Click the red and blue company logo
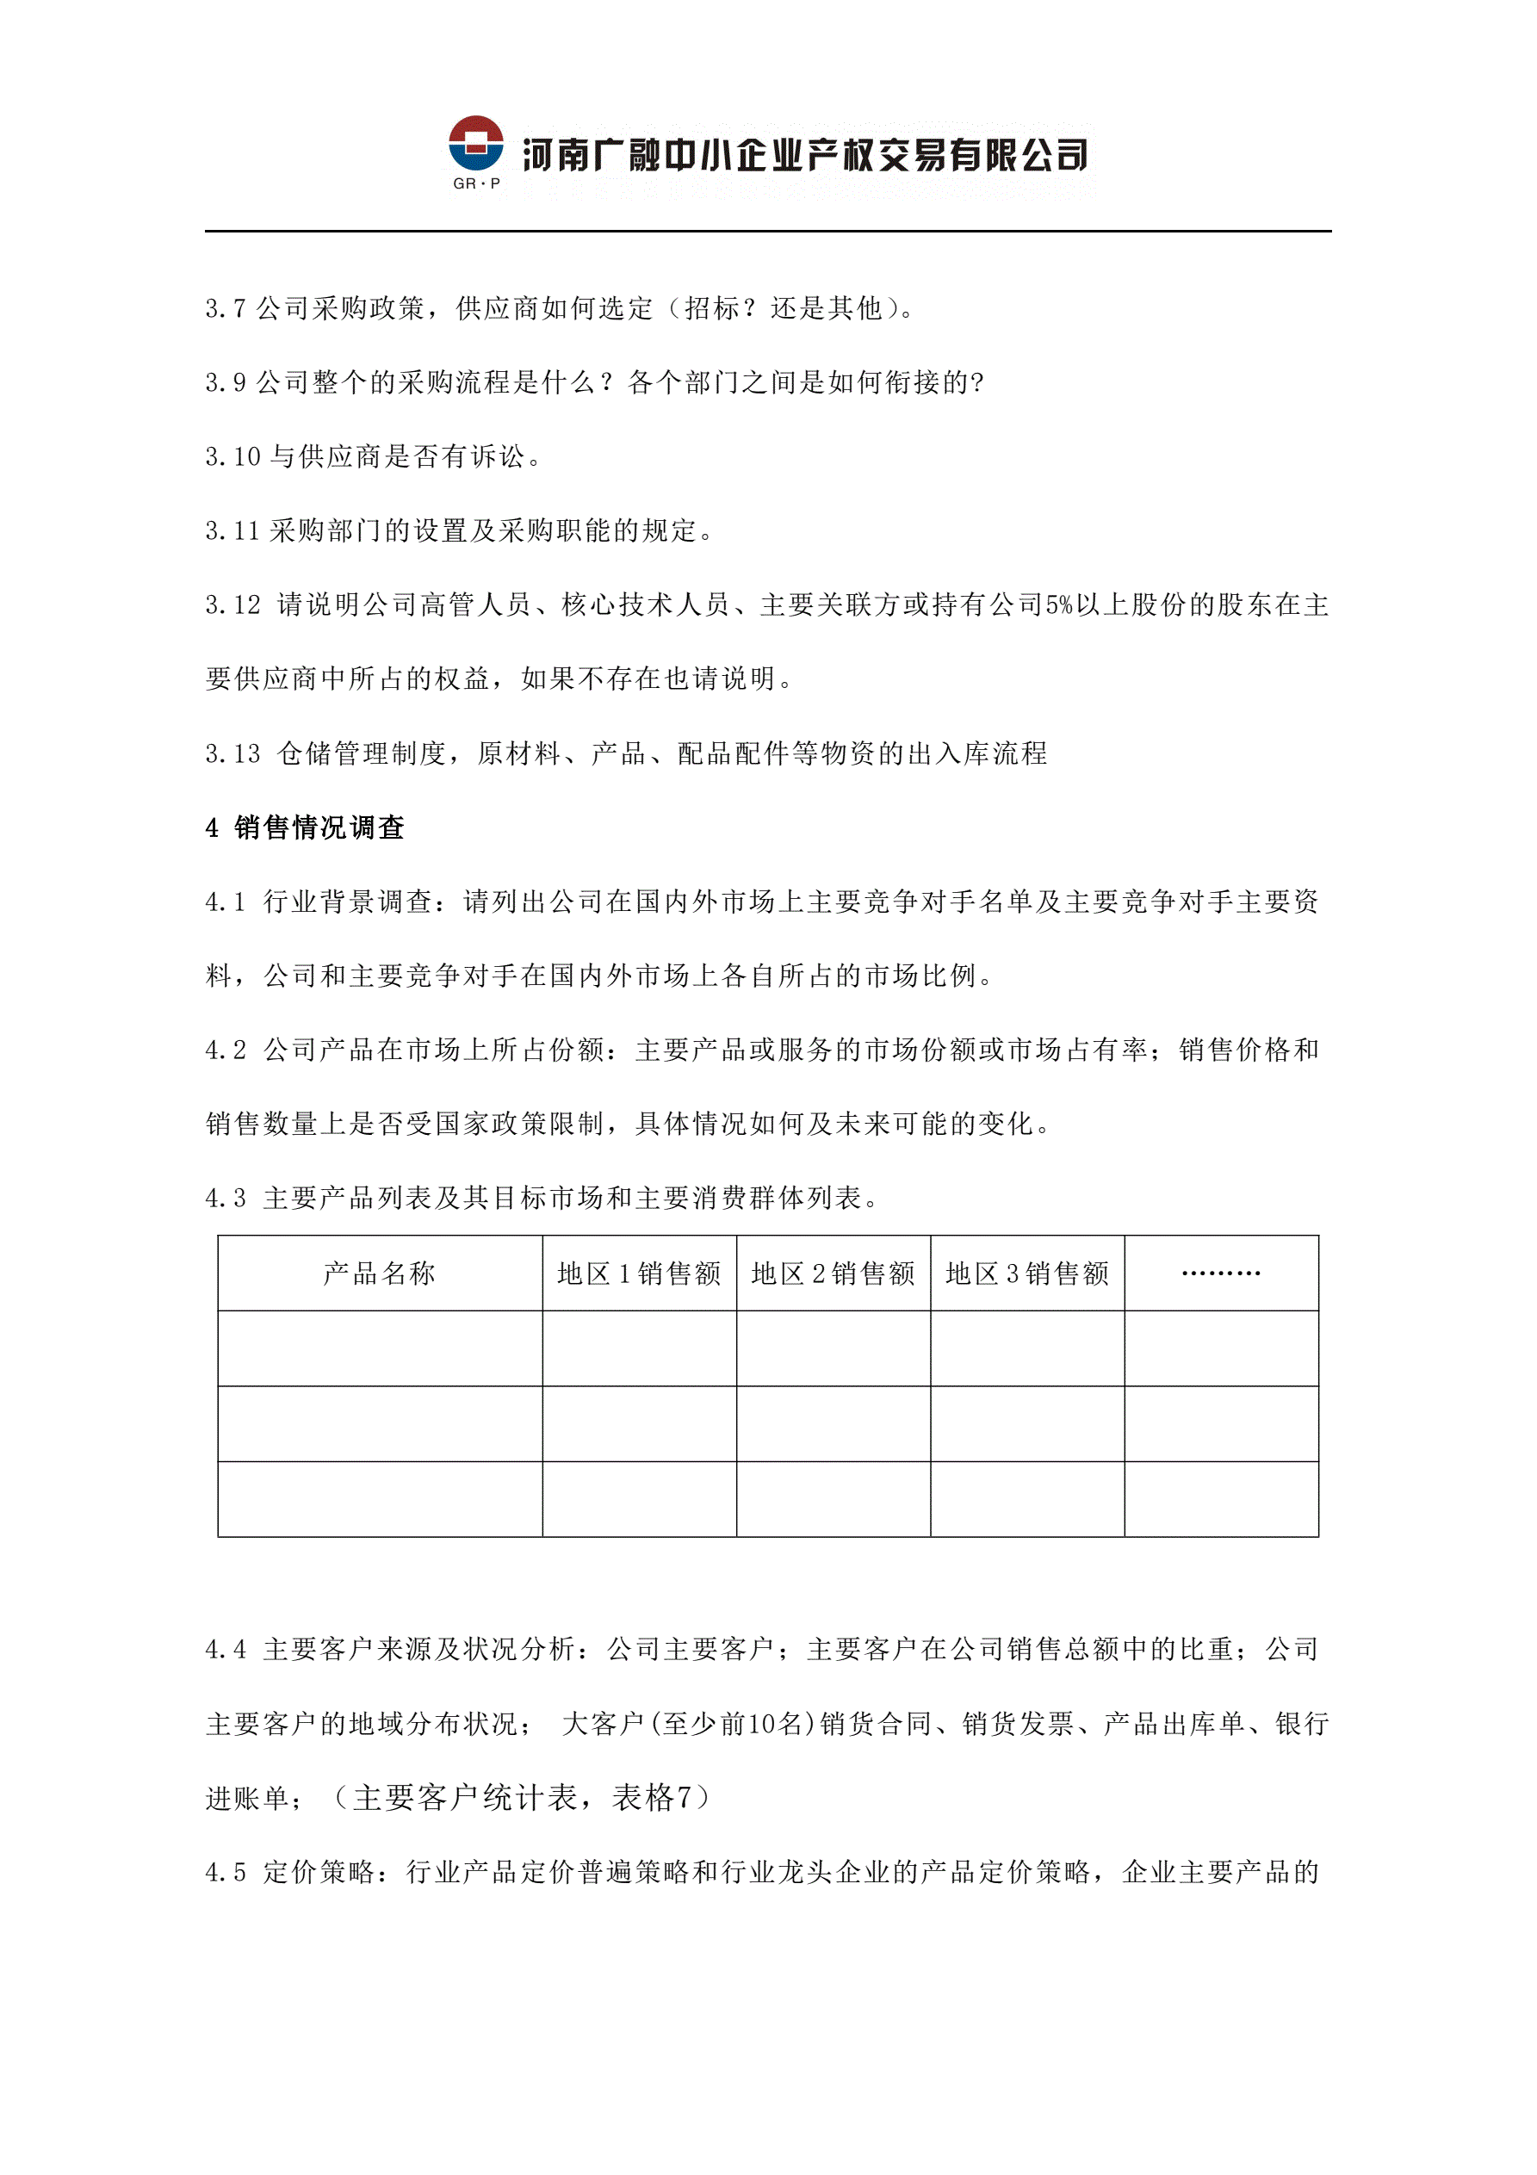(x=475, y=144)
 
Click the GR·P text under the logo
(x=475, y=183)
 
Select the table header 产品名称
(x=379, y=1273)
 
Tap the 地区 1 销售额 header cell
(x=640, y=1273)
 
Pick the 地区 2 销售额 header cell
(x=833, y=1273)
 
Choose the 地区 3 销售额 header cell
(x=1027, y=1273)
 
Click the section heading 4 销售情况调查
(x=305, y=828)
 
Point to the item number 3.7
(x=226, y=309)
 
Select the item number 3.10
(x=233, y=456)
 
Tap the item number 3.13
(x=233, y=754)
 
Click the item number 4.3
(x=226, y=1199)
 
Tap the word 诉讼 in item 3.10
(x=499, y=456)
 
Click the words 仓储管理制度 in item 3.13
(x=361, y=754)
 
